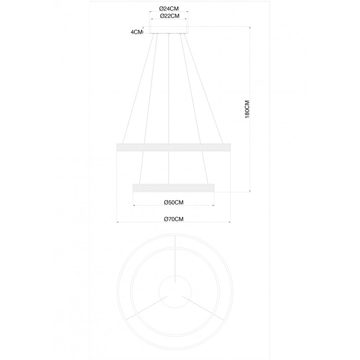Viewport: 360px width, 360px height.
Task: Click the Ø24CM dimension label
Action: click(169, 9)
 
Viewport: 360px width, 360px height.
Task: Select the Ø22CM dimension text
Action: click(170, 16)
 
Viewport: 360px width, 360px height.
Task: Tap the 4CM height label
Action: click(136, 32)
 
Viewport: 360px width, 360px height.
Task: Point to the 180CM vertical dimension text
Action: click(247, 109)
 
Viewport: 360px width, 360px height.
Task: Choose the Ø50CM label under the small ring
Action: click(174, 202)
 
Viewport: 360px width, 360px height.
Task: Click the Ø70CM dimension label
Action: click(174, 219)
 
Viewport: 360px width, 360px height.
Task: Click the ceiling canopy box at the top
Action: click(169, 30)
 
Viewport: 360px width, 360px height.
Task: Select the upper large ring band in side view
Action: click(174, 147)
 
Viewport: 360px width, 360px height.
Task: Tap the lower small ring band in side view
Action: click(174, 188)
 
